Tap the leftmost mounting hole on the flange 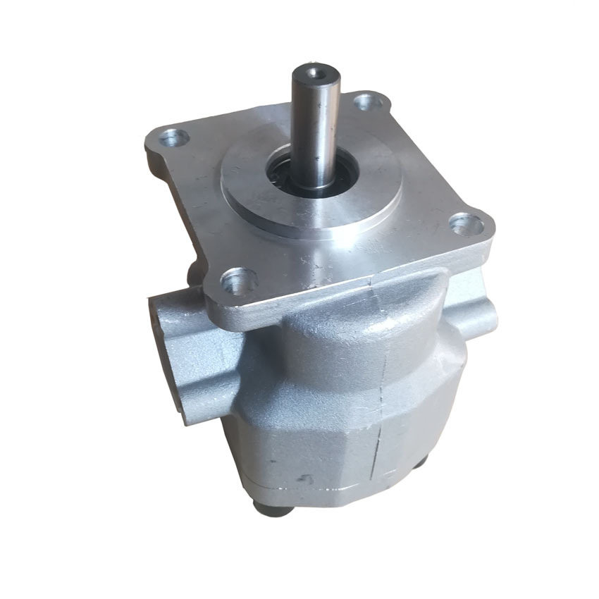(172, 137)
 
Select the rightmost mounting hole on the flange (466, 225)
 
